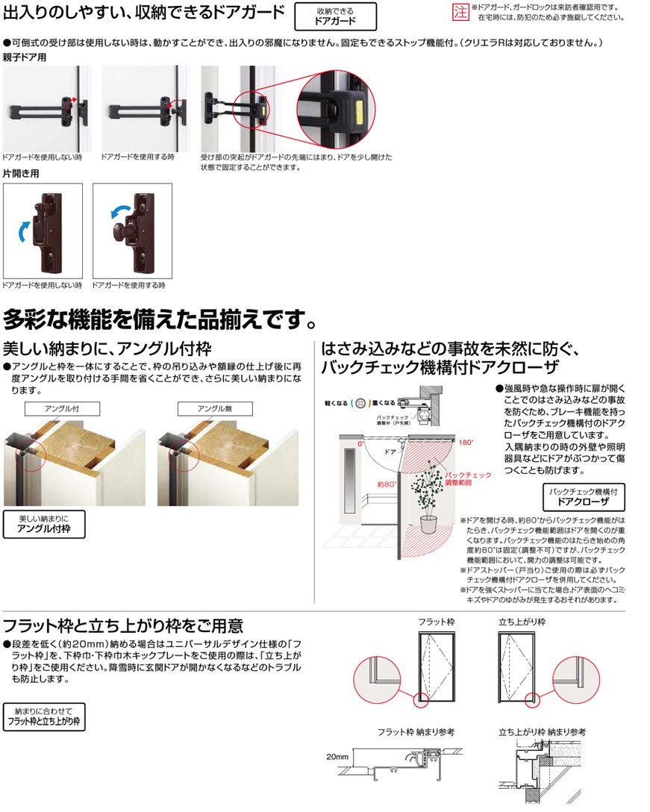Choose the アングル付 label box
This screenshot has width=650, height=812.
[62, 408]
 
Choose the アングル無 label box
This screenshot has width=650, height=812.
[215, 408]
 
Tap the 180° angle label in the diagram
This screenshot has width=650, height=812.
[467, 442]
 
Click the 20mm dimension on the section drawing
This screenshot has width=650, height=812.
[337, 757]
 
